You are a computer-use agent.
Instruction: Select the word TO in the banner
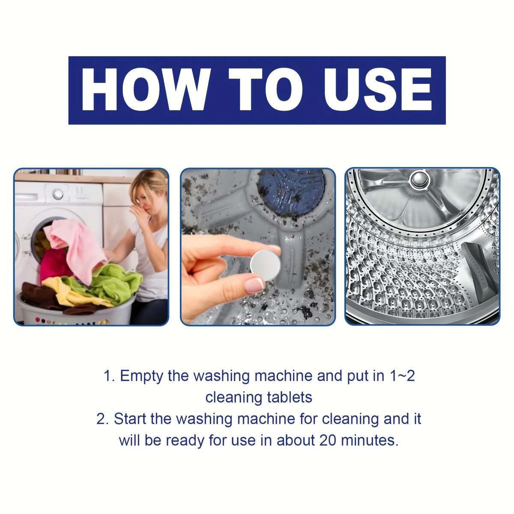click(271, 90)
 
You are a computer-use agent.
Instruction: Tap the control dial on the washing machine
click(57, 194)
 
